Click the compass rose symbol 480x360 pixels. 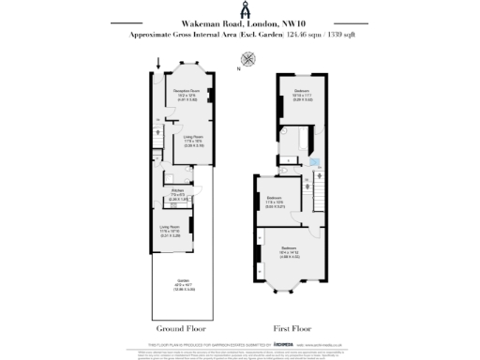(x=248, y=57)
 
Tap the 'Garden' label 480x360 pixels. (x=184, y=280)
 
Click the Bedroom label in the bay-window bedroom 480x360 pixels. (x=285, y=248)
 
